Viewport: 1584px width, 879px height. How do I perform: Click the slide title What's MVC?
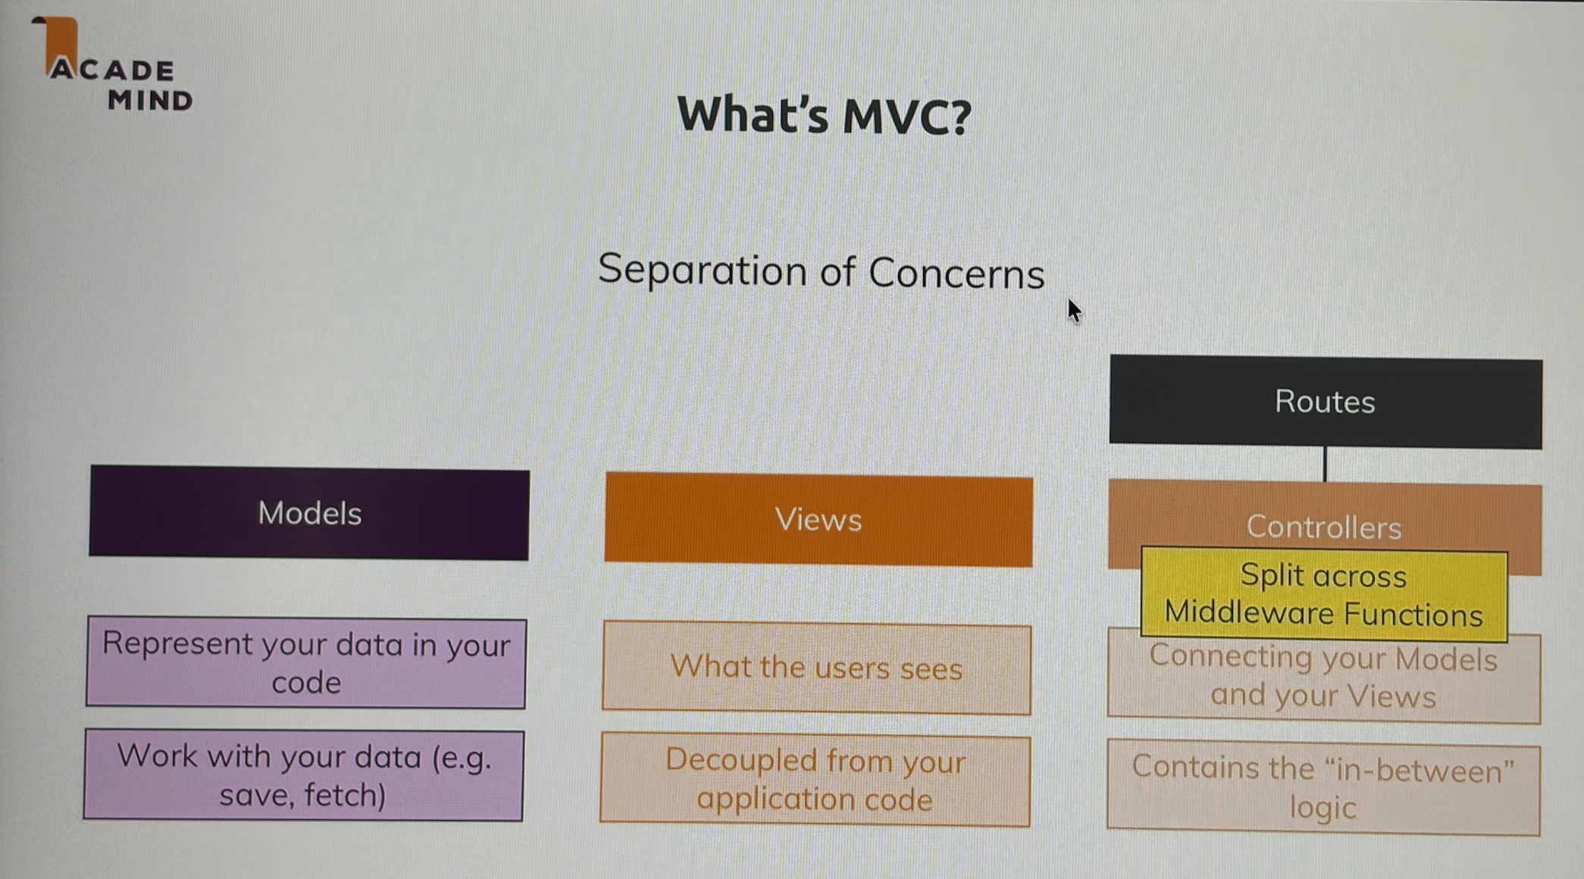coord(824,115)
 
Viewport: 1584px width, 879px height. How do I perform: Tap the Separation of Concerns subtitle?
coord(822,271)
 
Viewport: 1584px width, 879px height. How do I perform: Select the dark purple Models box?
coord(309,513)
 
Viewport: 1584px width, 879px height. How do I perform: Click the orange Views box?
coord(819,520)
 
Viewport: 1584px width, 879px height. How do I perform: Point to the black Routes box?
coord(1326,402)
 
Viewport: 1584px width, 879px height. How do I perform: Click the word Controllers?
coord(1324,527)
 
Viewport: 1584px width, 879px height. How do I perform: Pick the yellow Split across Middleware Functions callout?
coord(1324,595)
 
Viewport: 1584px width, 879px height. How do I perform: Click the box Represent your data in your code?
coord(306,662)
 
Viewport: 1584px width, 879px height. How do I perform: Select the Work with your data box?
coord(304,774)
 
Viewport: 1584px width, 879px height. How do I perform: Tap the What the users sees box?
coord(817,668)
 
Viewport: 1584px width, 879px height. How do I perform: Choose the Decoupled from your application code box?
coord(815,779)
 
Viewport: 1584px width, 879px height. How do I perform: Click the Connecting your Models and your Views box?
coord(1324,677)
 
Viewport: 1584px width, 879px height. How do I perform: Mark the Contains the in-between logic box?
coord(1323,787)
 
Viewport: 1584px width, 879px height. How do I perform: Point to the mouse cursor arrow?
coord(1074,311)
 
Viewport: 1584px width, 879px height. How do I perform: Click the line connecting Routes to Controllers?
coord(1325,465)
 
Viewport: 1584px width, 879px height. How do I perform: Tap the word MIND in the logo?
coord(150,100)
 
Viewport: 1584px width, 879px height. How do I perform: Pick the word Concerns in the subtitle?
coord(956,273)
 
